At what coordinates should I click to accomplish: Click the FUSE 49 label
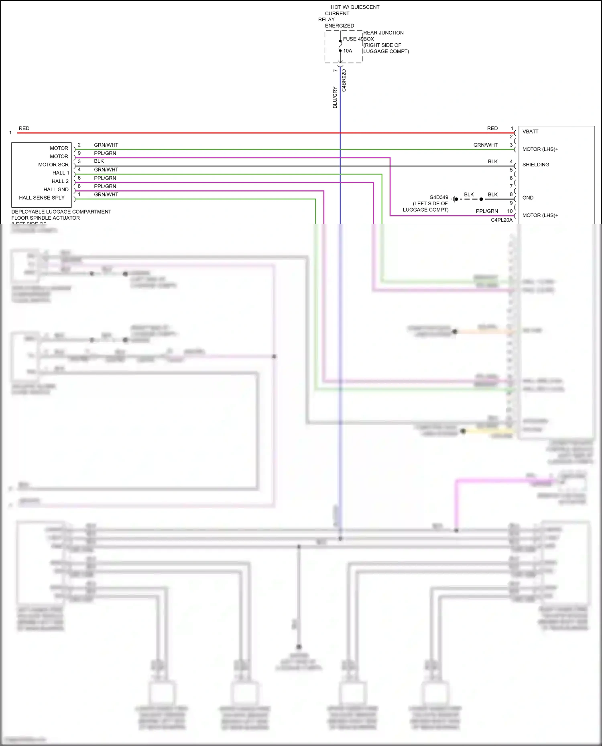353,39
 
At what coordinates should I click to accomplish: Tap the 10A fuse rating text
348,51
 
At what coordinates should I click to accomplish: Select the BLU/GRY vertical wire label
335,97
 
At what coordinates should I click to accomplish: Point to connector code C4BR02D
344,81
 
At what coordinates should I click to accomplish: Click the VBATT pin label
530,131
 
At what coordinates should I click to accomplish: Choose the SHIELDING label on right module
535,165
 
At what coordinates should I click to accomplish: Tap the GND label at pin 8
528,198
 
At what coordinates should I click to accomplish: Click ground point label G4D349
439,197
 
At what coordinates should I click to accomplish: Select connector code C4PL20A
502,220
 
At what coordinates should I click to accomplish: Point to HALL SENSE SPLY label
42,198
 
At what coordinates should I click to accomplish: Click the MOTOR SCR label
53,165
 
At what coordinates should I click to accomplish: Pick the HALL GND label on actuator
56,190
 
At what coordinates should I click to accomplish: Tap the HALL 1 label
61,173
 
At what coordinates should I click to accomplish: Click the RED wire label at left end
24,128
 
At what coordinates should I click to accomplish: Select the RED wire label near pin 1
492,128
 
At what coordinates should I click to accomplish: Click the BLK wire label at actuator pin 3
99,161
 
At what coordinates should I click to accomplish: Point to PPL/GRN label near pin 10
487,211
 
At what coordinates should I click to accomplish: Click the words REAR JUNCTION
383,33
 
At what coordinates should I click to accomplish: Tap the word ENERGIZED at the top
340,26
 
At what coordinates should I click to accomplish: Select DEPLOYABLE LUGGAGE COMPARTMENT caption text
61,212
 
